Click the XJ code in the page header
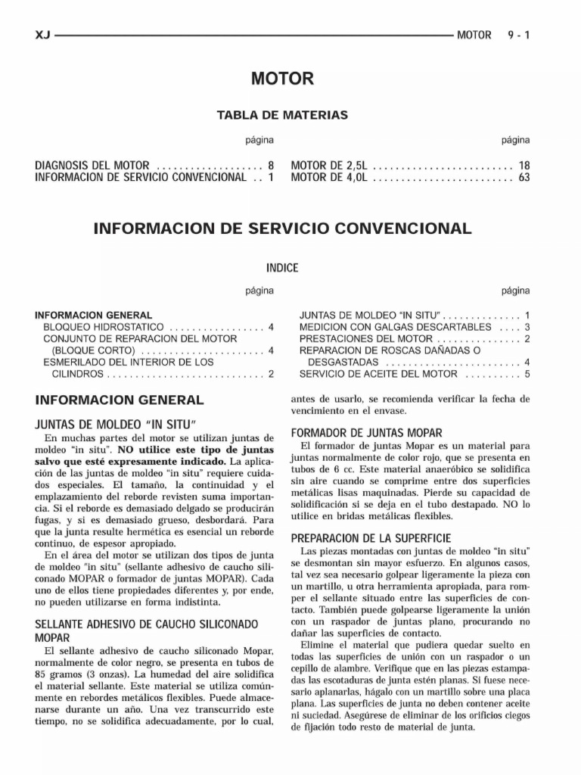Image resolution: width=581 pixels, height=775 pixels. click(42, 35)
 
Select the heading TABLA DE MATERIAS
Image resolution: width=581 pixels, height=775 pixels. click(282, 115)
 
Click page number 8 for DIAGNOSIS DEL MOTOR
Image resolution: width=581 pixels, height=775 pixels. click(270, 165)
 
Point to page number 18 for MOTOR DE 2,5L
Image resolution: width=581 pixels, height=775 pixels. click(524, 165)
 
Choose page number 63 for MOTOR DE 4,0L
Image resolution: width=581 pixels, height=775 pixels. click(524, 178)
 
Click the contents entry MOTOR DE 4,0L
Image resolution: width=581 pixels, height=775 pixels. click(328, 178)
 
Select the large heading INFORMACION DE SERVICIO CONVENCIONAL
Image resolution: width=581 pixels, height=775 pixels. click(282, 228)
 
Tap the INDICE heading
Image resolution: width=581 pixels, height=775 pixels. click(282, 268)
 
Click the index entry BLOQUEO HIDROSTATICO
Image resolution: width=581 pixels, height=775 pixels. click(105, 327)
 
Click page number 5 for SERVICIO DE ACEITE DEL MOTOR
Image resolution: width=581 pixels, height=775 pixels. click(527, 374)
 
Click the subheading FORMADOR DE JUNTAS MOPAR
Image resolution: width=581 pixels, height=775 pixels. click(367, 433)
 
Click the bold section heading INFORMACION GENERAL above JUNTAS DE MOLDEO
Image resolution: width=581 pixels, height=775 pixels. click(119, 400)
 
